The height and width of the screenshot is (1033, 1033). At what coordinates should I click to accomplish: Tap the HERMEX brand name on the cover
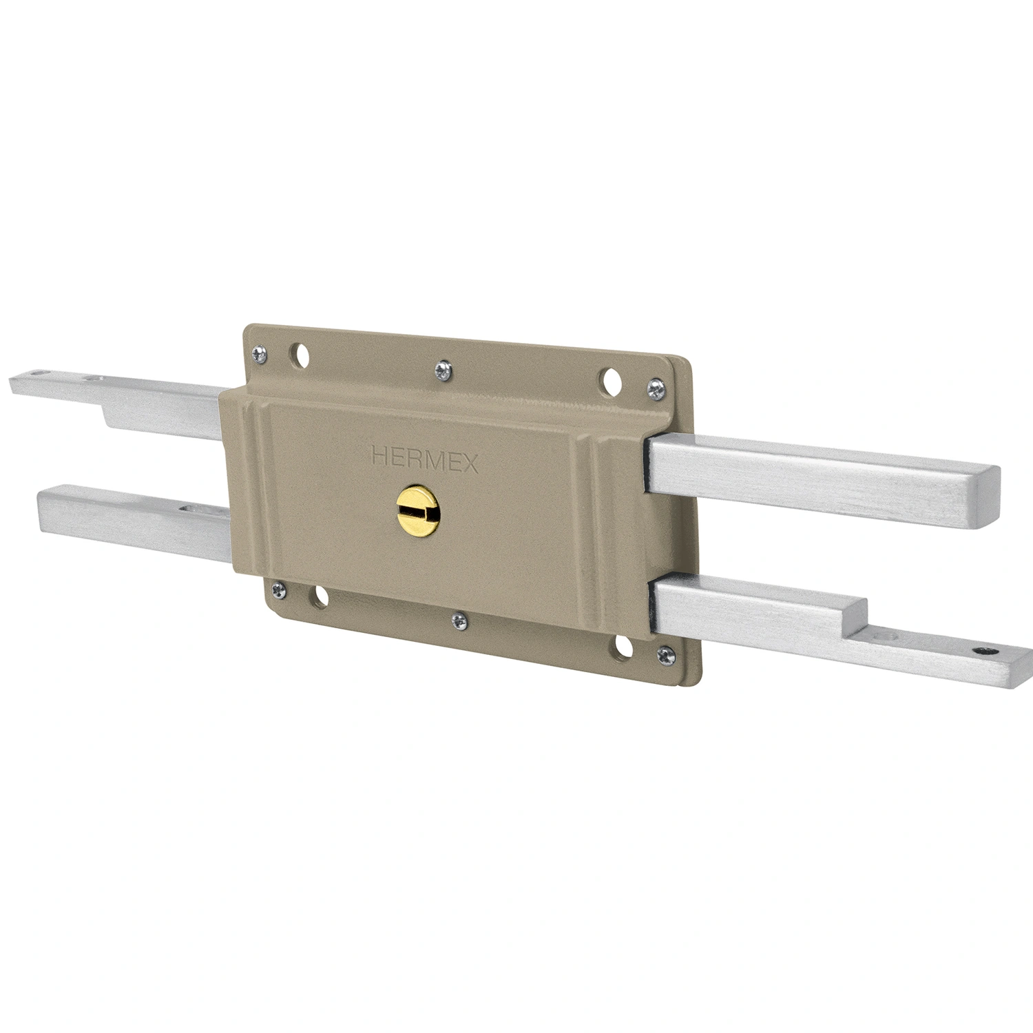pyautogui.click(x=424, y=459)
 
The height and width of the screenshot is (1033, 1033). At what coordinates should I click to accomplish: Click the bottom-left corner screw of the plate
pyautogui.click(x=278, y=589)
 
